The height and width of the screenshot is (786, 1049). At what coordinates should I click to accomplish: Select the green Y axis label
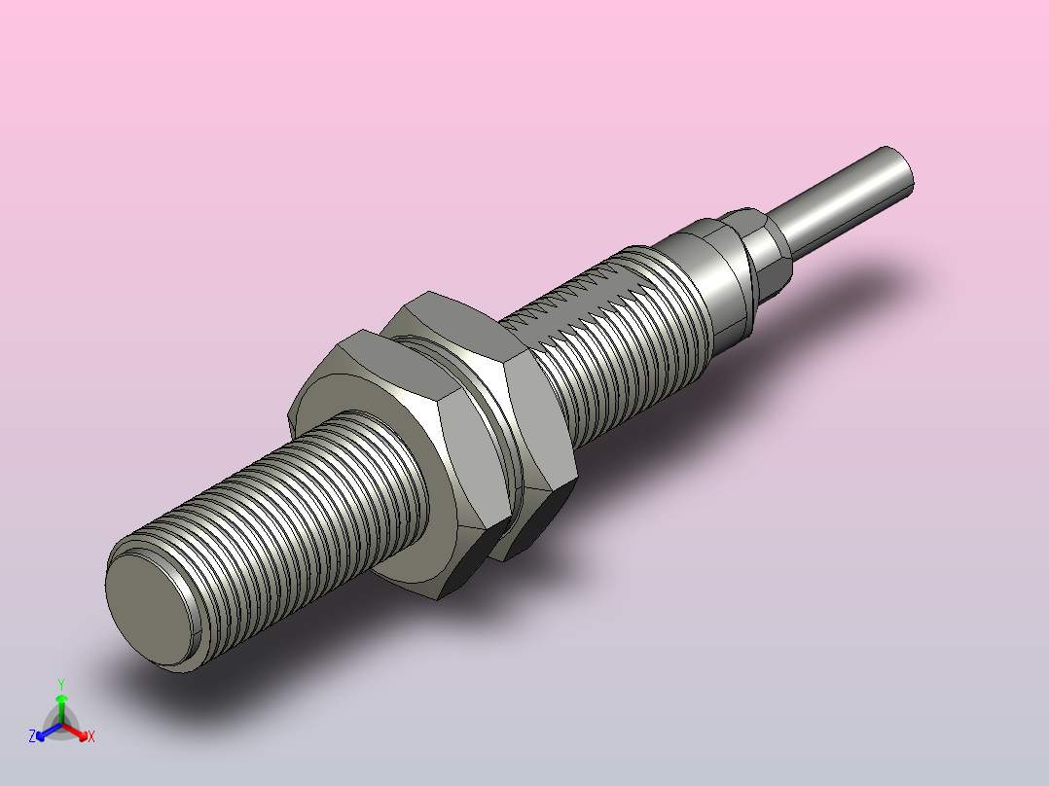pos(60,684)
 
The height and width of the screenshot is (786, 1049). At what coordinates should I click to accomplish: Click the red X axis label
pos(91,737)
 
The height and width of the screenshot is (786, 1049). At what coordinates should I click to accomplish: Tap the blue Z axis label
pos(32,737)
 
